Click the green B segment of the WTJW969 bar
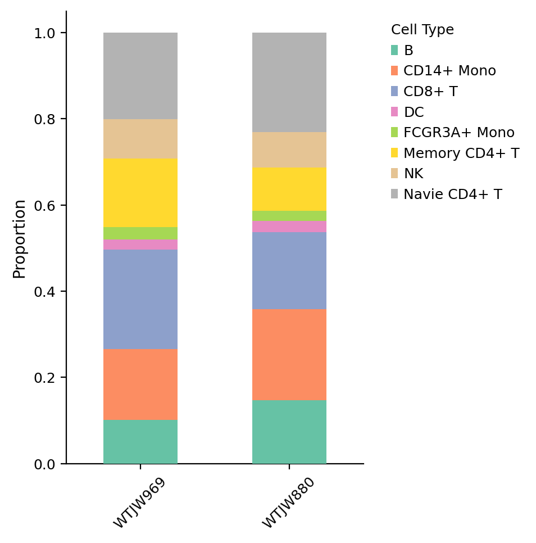[140, 442]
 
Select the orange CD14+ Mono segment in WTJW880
[289, 354]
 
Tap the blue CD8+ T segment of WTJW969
[140, 299]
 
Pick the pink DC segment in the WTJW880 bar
[289, 227]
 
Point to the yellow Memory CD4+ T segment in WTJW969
[140, 193]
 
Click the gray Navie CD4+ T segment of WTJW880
[289, 82]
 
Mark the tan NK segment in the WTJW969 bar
[140, 138]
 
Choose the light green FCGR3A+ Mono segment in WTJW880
[289, 216]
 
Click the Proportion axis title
[20, 238]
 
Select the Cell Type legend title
[422, 30]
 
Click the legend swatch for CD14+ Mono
[394, 71]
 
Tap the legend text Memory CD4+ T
[461, 153]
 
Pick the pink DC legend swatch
[394, 112]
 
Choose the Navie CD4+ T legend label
[453, 194]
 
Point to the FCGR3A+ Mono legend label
[459, 133]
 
